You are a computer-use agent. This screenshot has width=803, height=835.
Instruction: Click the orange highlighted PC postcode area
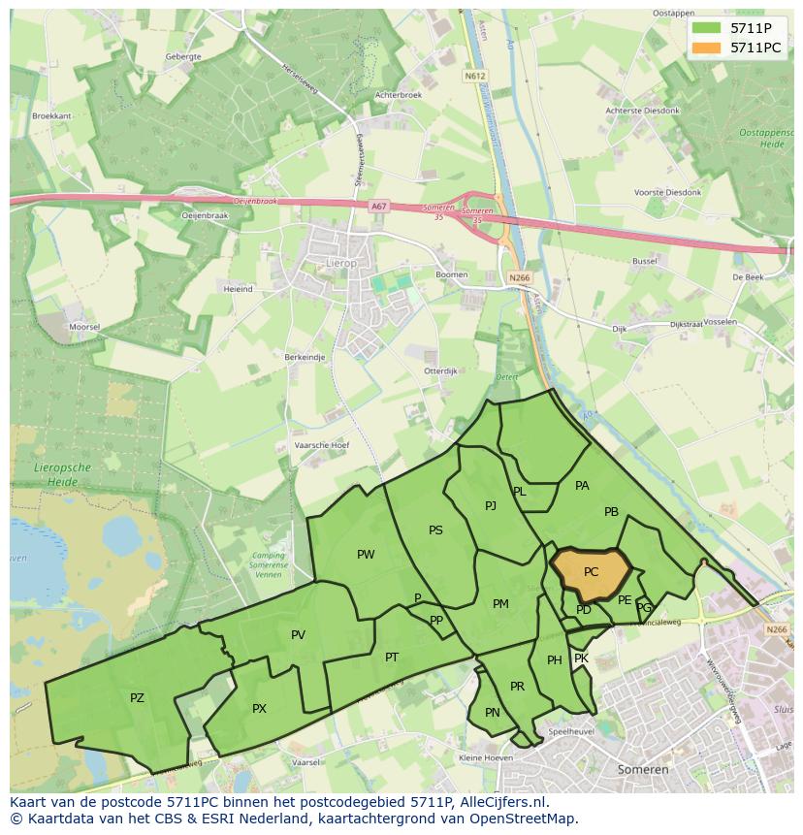pos(591,572)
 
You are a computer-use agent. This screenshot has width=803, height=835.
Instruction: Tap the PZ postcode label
pos(137,697)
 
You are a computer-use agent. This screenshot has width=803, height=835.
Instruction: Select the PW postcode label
pos(366,555)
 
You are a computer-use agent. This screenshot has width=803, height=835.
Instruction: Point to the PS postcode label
pos(435,530)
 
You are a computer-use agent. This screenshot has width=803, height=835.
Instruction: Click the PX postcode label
pos(259,709)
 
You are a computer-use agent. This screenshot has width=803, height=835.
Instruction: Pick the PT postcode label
pos(392,658)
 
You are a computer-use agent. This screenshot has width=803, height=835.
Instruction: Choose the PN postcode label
pos(493,713)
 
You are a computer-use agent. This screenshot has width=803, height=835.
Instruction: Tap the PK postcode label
pos(581,658)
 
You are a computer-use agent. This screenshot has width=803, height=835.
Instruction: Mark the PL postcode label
pos(520,492)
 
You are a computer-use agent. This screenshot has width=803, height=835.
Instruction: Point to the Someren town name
pos(643,769)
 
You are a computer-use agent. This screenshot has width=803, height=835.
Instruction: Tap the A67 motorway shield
pos(378,206)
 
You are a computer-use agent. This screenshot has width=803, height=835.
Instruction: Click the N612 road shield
pos(473,76)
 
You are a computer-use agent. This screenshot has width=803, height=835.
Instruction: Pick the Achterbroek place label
pos(399,95)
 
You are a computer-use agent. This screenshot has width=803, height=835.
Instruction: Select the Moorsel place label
pos(84,327)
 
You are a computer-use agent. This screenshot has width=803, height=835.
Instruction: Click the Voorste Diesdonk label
pos(667,193)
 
